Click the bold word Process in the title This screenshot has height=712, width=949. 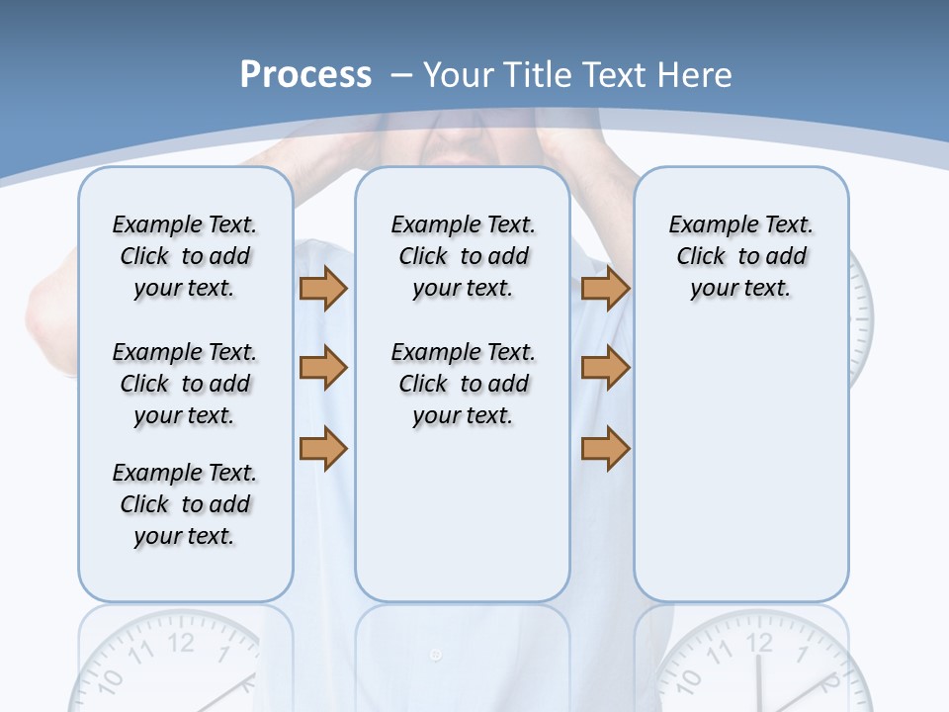click(305, 74)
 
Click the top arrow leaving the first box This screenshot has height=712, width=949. click(323, 288)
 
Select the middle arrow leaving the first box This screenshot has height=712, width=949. click(323, 368)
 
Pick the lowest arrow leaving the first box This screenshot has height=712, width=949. click(323, 449)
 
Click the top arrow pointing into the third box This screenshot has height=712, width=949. click(605, 288)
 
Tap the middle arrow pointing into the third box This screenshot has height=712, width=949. click(605, 368)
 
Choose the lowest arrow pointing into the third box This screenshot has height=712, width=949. click(605, 449)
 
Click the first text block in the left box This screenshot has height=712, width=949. click(185, 256)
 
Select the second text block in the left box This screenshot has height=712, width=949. click(185, 384)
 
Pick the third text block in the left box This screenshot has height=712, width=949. click(185, 504)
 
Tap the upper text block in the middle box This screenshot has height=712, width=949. click(464, 256)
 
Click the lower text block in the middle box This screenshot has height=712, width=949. click(464, 384)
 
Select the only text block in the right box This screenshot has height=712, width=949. click(741, 256)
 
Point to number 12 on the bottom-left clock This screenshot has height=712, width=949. click(181, 642)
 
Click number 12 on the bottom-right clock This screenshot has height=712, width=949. click(758, 642)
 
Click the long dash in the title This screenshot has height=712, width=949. click(401, 74)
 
